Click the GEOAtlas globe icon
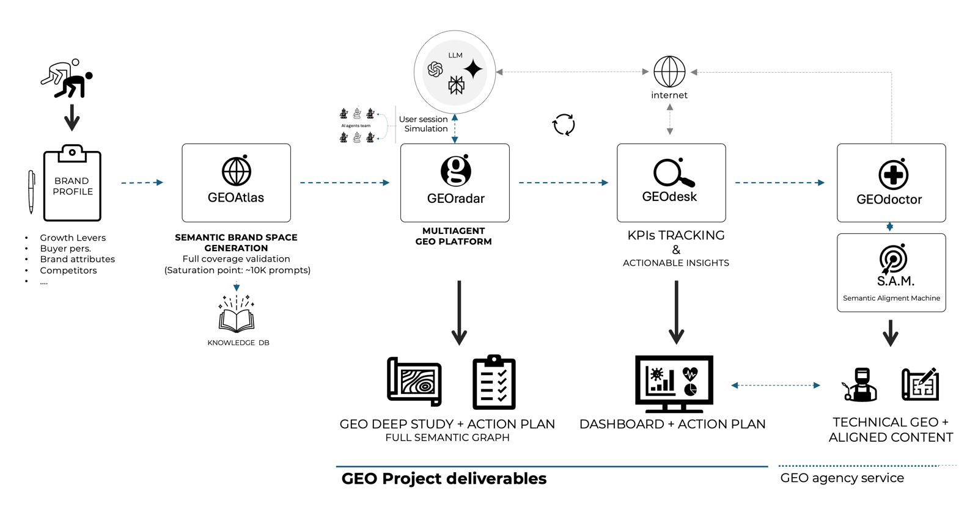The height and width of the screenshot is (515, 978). pyautogui.click(x=236, y=171)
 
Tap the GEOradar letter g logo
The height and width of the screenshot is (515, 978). pyautogui.click(x=456, y=171)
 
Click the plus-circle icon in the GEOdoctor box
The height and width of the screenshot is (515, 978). pyautogui.click(x=893, y=175)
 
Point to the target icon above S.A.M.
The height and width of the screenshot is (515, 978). pyautogui.click(x=892, y=259)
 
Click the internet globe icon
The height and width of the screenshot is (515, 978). pyautogui.click(x=669, y=72)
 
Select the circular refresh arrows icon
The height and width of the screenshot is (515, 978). pyautogui.click(x=564, y=125)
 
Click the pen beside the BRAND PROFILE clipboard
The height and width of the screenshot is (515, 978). pyautogui.click(x=31, y=191)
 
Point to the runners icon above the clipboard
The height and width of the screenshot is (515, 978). pyautogui.click(x=67, y=79)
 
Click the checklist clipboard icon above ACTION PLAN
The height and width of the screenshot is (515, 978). pyautogui.click(x=494, y=383)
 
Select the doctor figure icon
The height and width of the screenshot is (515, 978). pyautogui.click(x=861, y=385)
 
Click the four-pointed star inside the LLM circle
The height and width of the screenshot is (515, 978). pyautogui.click(x=472, y=68)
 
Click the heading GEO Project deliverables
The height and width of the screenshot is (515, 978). pyautogui.click(x=444, y=478)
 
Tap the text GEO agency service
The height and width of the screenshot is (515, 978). pyautogui.click(x=842, y=478)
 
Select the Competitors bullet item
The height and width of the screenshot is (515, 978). pyautogui.click(x=68, y=270)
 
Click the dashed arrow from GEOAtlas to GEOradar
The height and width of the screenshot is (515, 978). pyautogui.click(x=344, y=183)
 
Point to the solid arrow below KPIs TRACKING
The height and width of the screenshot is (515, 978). pyautogui.click(x=676, y=312)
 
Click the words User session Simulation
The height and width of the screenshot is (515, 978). pyautogui.click(x=424, y=124)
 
